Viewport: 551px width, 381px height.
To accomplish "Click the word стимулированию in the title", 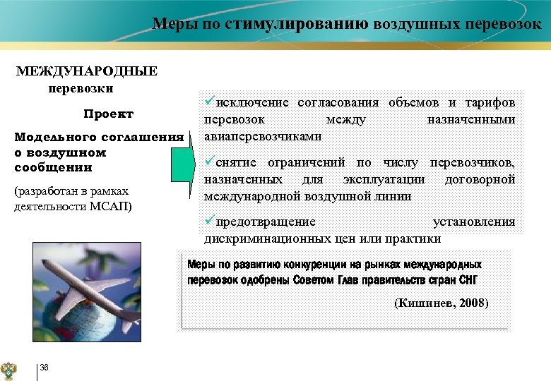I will pyautogui.click(x=297, y=24).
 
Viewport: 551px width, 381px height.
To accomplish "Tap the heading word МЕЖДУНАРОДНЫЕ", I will pyautogui.click(x=88, y=71).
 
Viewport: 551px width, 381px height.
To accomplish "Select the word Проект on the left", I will pyautogui.click(x=108, y=114).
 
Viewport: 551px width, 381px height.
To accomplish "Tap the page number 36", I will pyautogui.click(x=45, y=367).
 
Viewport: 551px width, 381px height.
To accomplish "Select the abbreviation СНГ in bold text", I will pyautogui.click(x=467, y=279).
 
